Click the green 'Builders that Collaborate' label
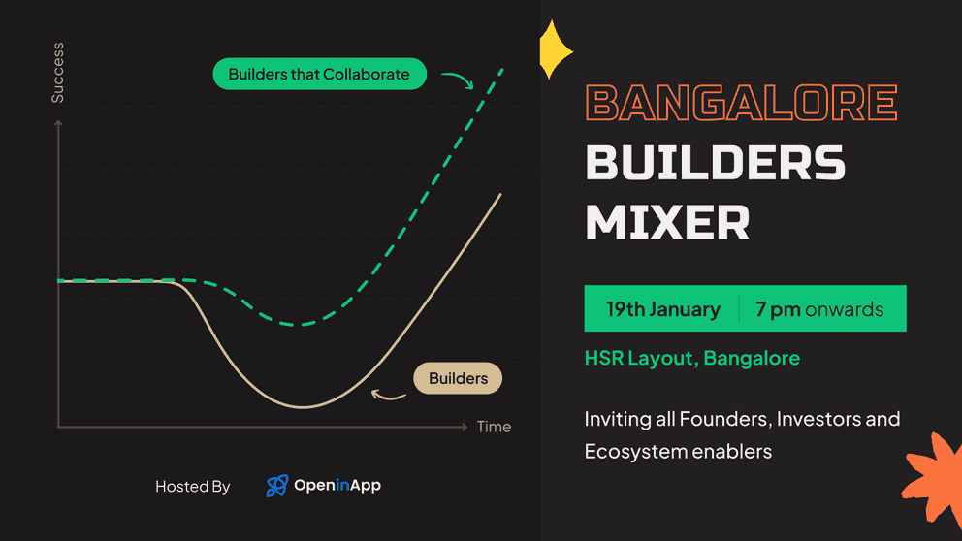(x=319, y=75)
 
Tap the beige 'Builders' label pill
(x=458, y=377)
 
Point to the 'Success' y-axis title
(x=58, y=73)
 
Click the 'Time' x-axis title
(x=494, y=427)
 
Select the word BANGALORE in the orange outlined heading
(x=742, y=103)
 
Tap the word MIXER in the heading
(x=667, y=222)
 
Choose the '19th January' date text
(x=663, y=310)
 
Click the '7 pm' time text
(x=778, y=310)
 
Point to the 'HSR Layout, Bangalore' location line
(x=691, y=358)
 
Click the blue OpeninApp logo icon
(x=276, y=486)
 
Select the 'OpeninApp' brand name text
(x=337, y=486)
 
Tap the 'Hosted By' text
(x=192, y=487)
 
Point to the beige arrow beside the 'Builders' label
(x=389, y=394)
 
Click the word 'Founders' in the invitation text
(x=721, y=419)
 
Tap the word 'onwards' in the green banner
(x=845, y=310)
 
